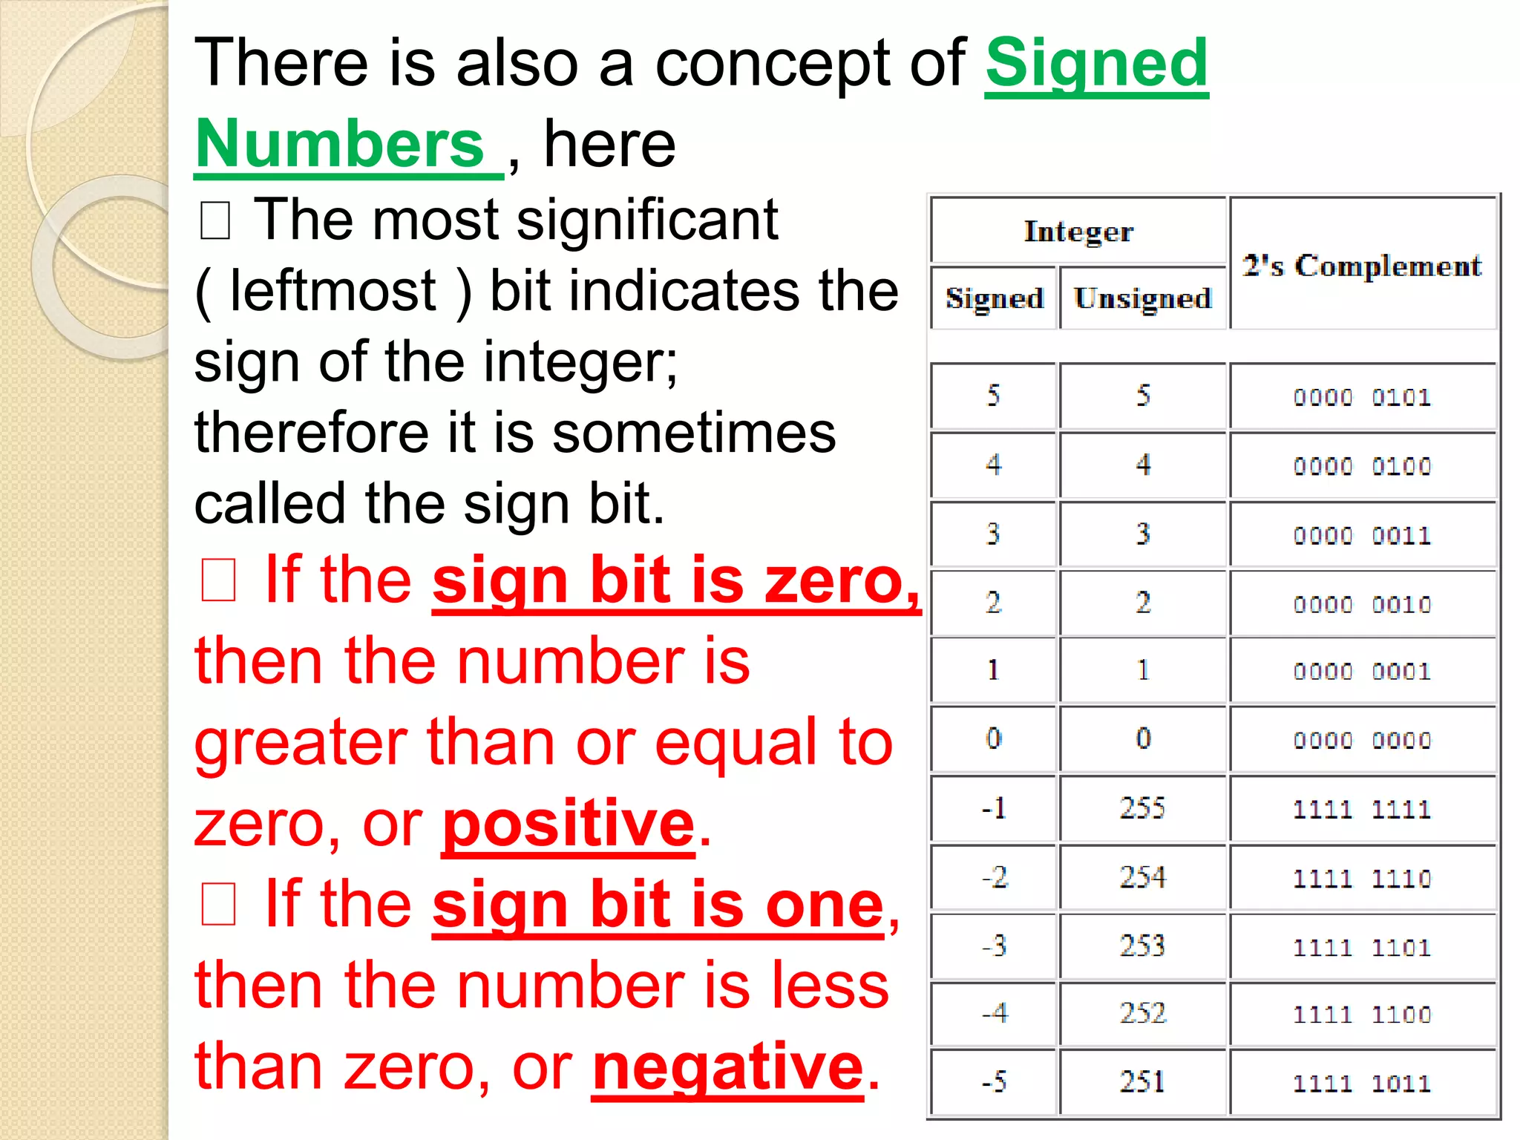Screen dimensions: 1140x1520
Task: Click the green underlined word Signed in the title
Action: (x=1096, y=65)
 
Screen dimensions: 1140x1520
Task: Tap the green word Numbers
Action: (x=340, y=144)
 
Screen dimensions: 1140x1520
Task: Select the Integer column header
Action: (x=1078, y=232)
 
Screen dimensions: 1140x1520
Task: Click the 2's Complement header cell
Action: (x=1363, y=265)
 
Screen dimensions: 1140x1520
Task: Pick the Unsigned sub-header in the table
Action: (x=1142, y=298)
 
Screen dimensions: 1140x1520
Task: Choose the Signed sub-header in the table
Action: (x=994, y=298)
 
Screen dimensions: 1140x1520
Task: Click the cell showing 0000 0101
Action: (x=1362, y=397)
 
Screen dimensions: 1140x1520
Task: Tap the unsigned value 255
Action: (x=1142, y=807)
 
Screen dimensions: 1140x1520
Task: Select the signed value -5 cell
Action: (x=994, y=1081)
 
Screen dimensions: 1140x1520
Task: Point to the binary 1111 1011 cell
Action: (x=1362, y=1083)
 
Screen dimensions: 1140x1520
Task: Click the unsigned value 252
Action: (x=1142, y=1013)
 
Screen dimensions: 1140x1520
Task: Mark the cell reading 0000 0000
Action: (x=1362, y=740)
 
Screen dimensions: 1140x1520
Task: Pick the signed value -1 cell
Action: (x=994, y=807)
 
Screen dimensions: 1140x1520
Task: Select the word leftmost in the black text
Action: (x=332, y=290)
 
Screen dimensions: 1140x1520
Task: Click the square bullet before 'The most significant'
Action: (x=215, y=221)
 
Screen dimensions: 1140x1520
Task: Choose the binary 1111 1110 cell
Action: (x=1362, y=879)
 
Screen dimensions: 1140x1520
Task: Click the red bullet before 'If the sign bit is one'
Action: (x=218, y=905)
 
